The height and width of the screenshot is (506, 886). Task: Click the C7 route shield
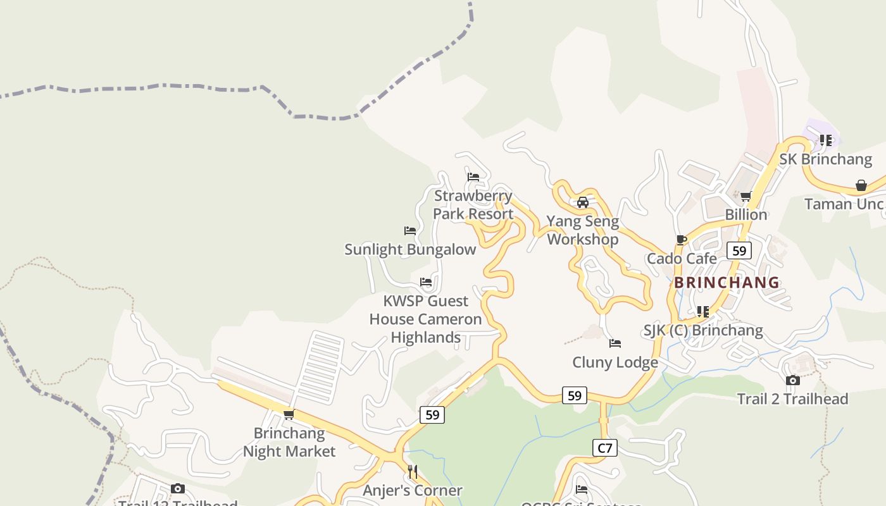pyautogui.click(x=605, y=448)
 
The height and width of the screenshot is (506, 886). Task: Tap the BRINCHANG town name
pyautogui.click(x=727, y=282)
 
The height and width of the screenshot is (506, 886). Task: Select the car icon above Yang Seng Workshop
pyautogui.click(x=583, y=202)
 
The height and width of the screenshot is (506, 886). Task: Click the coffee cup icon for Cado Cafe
pyautogui.click(x=682, y=240)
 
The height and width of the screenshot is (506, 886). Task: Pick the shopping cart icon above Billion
pyautogui.click(x=746, y=196)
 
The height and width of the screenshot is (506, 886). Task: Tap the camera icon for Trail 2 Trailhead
pyautogui.click(x=792, y=380)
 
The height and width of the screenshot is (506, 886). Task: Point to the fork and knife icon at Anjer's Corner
pyautogui.click(x=413, y=471)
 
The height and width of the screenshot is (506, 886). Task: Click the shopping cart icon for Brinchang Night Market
pyautogui.click(x=289, y=414)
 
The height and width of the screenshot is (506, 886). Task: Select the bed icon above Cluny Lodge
pyautogui.click(x=615, y=343)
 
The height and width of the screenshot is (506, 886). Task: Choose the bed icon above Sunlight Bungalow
pyautogui.click(x=410, y=231)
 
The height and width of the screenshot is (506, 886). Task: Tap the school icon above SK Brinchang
pyautogui.click(x=825, y=140)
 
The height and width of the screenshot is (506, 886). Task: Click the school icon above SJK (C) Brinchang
pyautogui.click(x=702, y=311)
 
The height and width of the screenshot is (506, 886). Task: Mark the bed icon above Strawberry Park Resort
pyautogui.click(x=473, y=176)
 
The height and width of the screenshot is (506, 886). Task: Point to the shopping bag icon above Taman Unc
pyautogui.click(x=861, y=185)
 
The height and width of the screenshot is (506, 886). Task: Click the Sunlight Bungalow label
pyautogui.click(x=410, y=249)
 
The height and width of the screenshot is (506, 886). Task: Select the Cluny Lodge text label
pyautogui.click(x=615, y=362)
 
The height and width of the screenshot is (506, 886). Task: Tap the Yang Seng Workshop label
pyautogui.click(x=582, y=230)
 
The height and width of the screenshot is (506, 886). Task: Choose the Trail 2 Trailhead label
pyautogui.click(x=792, y=399)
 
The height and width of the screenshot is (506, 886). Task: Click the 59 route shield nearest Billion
pyautogui.click(x=739, y=250)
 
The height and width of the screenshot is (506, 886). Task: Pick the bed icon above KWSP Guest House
pyautogui.click(x=426, y=282)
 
